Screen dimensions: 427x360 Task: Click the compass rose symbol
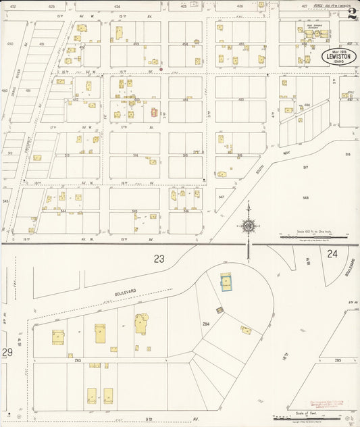(248, 226)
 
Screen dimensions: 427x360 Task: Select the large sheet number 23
(159, 258)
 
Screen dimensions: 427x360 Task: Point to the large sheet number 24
(332, 254)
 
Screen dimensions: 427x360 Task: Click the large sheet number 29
(7, 352)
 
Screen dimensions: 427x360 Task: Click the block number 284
(205, 324)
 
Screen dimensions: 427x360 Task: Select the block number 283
(78, 360)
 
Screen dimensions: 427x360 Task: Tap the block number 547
(221, 197)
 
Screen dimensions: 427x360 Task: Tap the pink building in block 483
(153, 113)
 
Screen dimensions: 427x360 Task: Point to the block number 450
(9, 43)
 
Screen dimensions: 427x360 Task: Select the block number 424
(118, 6)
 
